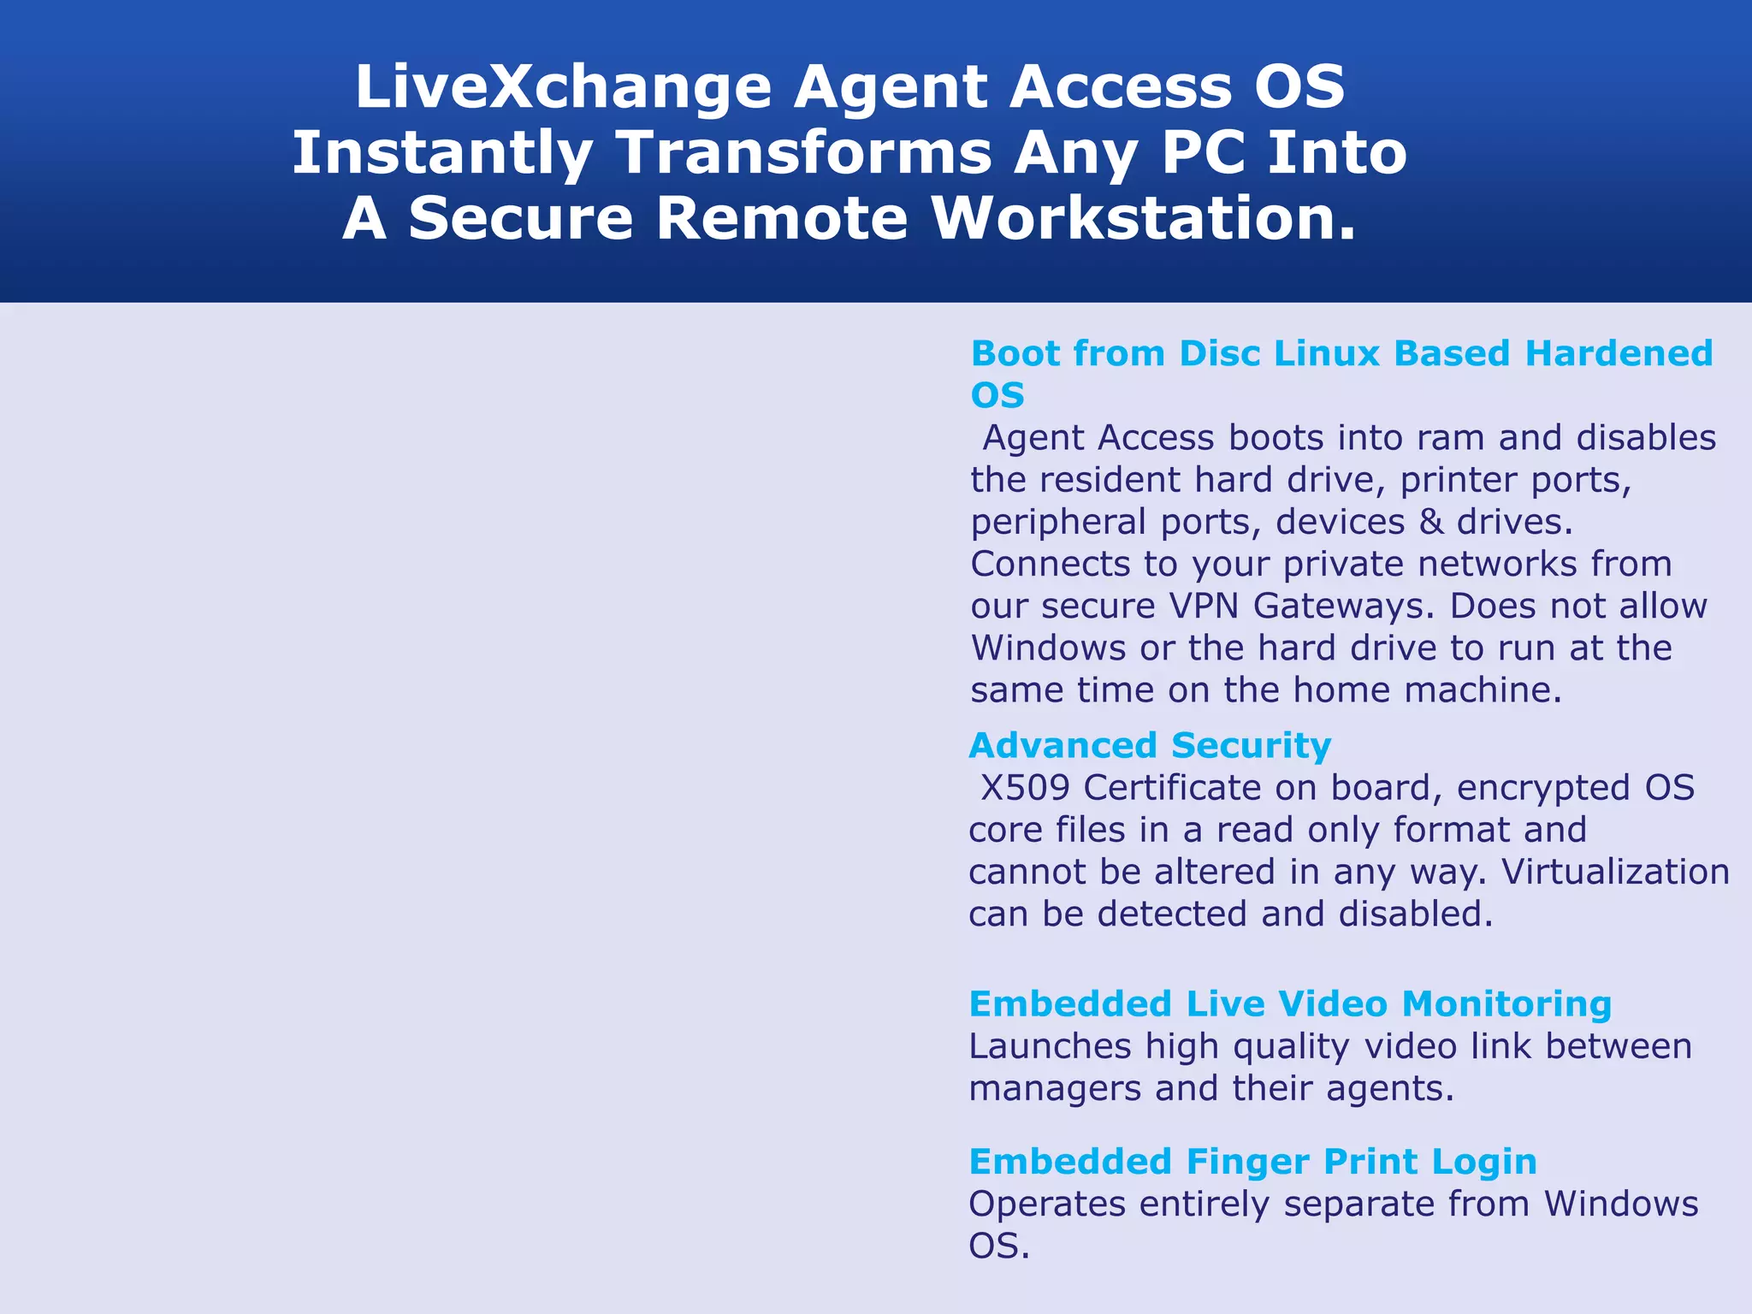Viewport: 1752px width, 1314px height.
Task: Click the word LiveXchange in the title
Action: [563, 87]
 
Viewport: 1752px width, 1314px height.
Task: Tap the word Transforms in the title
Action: [804, 153]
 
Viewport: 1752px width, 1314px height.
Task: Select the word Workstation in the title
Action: [1143, 218]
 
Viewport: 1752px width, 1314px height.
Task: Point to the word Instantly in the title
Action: [442, 153]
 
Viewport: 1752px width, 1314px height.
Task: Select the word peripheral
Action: [1057, 523]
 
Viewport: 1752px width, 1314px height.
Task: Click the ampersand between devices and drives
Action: [1431, 522]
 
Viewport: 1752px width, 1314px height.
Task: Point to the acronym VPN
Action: [1204, 606]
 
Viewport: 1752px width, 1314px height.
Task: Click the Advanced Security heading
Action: [1150, 746]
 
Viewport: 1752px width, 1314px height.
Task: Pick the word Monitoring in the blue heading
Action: [1506, 1004]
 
